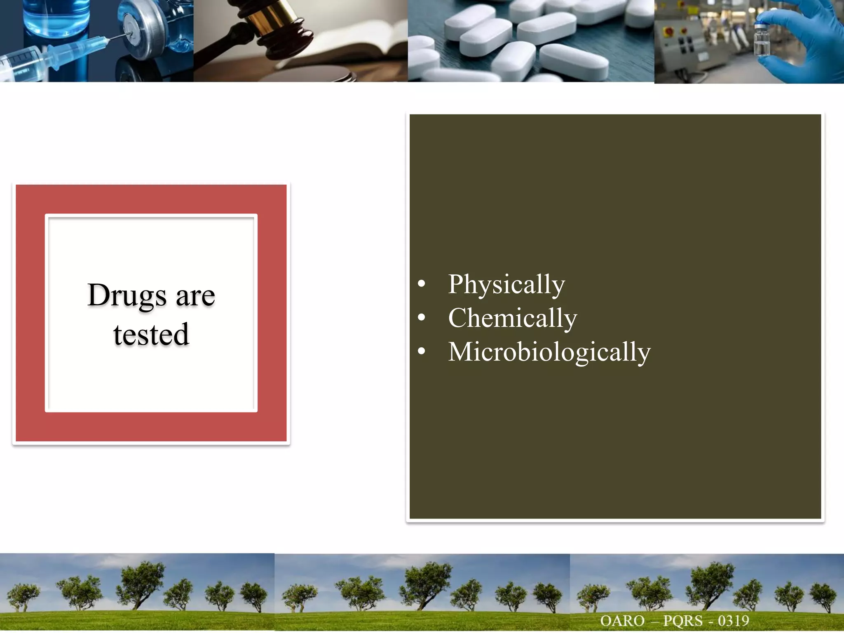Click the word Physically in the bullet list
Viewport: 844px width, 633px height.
[x=506, y=284]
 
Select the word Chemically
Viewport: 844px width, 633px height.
[x=513, y=318]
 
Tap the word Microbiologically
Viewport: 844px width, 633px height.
[x=549, y=352]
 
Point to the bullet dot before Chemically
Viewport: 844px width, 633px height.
[x=421, y=317]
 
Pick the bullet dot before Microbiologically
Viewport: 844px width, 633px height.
[x=421, y=351]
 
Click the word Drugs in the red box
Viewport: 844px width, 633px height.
[x=127, y=295]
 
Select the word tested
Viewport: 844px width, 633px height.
[x=151, y=334]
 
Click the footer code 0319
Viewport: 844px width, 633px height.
[x=733, y=621]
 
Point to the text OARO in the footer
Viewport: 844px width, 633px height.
[x=622, y=621]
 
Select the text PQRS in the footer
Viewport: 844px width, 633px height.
[x=682, y=621]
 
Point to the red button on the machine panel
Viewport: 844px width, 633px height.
[x=669, y=31]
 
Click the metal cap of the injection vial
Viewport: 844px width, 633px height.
[x=138, y=31]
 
